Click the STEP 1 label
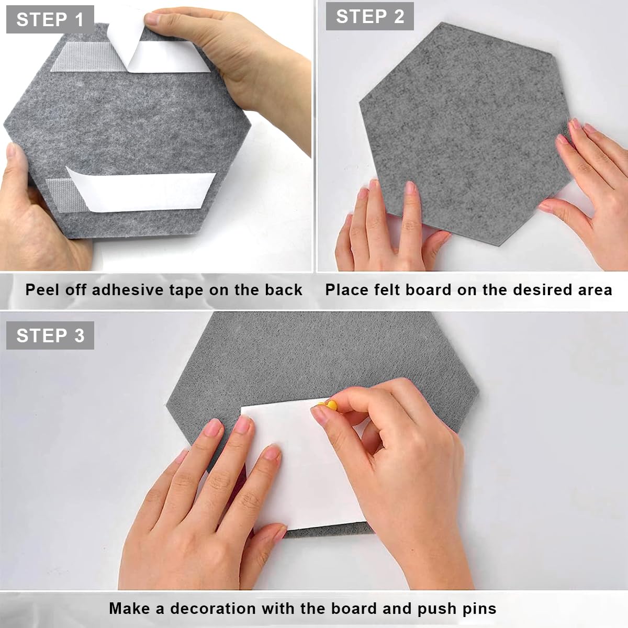point(50,20)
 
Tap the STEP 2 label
point(369,16)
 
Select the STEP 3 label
point(50,335)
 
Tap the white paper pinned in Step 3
point(304,471)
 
